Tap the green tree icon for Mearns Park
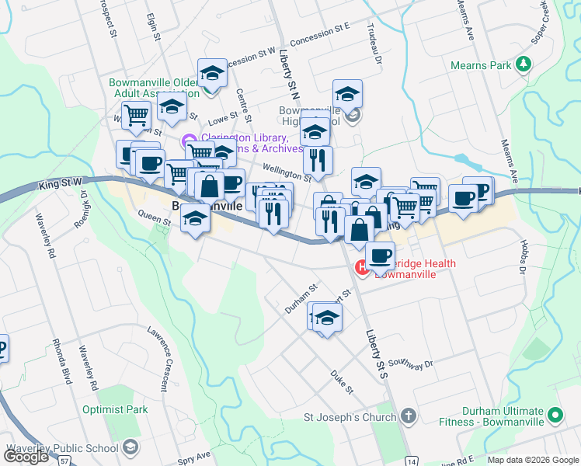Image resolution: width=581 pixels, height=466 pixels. coord(525,62)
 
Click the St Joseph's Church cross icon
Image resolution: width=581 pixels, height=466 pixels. coord(409,417)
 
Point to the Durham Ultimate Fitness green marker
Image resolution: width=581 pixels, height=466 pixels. coord(555,416)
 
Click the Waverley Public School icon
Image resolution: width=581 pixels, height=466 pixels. coord(131,448)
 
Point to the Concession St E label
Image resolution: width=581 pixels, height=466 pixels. coord(320,30)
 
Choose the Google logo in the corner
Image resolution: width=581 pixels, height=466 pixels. coord(26,457)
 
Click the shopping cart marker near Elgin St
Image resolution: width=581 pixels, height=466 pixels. coord(136,116)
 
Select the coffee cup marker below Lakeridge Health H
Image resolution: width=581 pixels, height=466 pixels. coord(380,256)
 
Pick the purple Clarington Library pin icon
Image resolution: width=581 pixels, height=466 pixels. coord(186,141)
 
